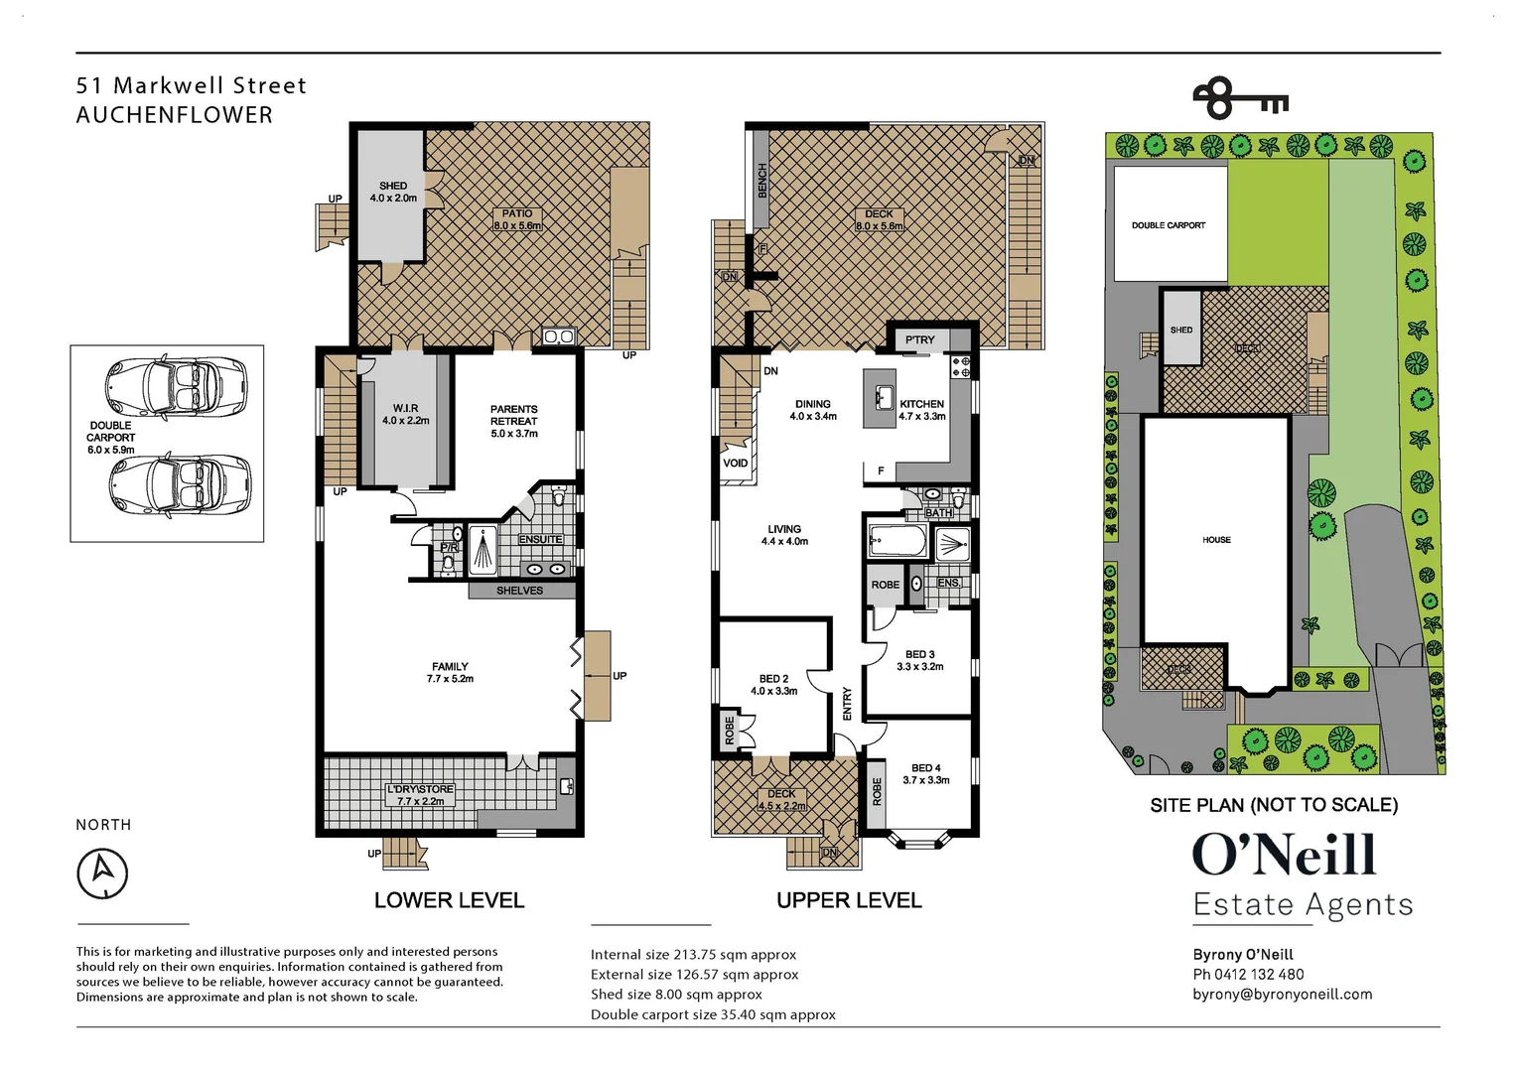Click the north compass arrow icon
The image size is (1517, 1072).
coord(102,872)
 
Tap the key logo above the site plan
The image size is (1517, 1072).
coord(1240,99)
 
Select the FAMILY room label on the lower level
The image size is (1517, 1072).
coord(450,666)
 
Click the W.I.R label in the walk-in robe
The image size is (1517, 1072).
coord(406,408)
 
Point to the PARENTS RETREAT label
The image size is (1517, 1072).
coord(514,415)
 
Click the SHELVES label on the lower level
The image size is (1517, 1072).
coord(519,591)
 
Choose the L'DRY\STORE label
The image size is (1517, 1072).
coord(420,789)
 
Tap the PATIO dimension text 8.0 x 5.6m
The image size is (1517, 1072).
coord(517,225)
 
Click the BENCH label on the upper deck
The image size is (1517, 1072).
coord(762,181)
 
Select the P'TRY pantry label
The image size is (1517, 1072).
coord(919,339)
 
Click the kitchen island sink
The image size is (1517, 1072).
coord(883,397)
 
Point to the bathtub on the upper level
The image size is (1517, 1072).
coord(898,540)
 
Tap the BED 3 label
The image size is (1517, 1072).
coord(919,654)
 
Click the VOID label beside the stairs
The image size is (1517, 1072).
coord(736,464)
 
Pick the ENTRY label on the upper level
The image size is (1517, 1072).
coord(847,704)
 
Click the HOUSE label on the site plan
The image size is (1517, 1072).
coord(1216,540)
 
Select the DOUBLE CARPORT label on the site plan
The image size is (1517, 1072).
coord(1169,225)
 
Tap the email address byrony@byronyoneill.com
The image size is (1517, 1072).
coord(1283,995)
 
